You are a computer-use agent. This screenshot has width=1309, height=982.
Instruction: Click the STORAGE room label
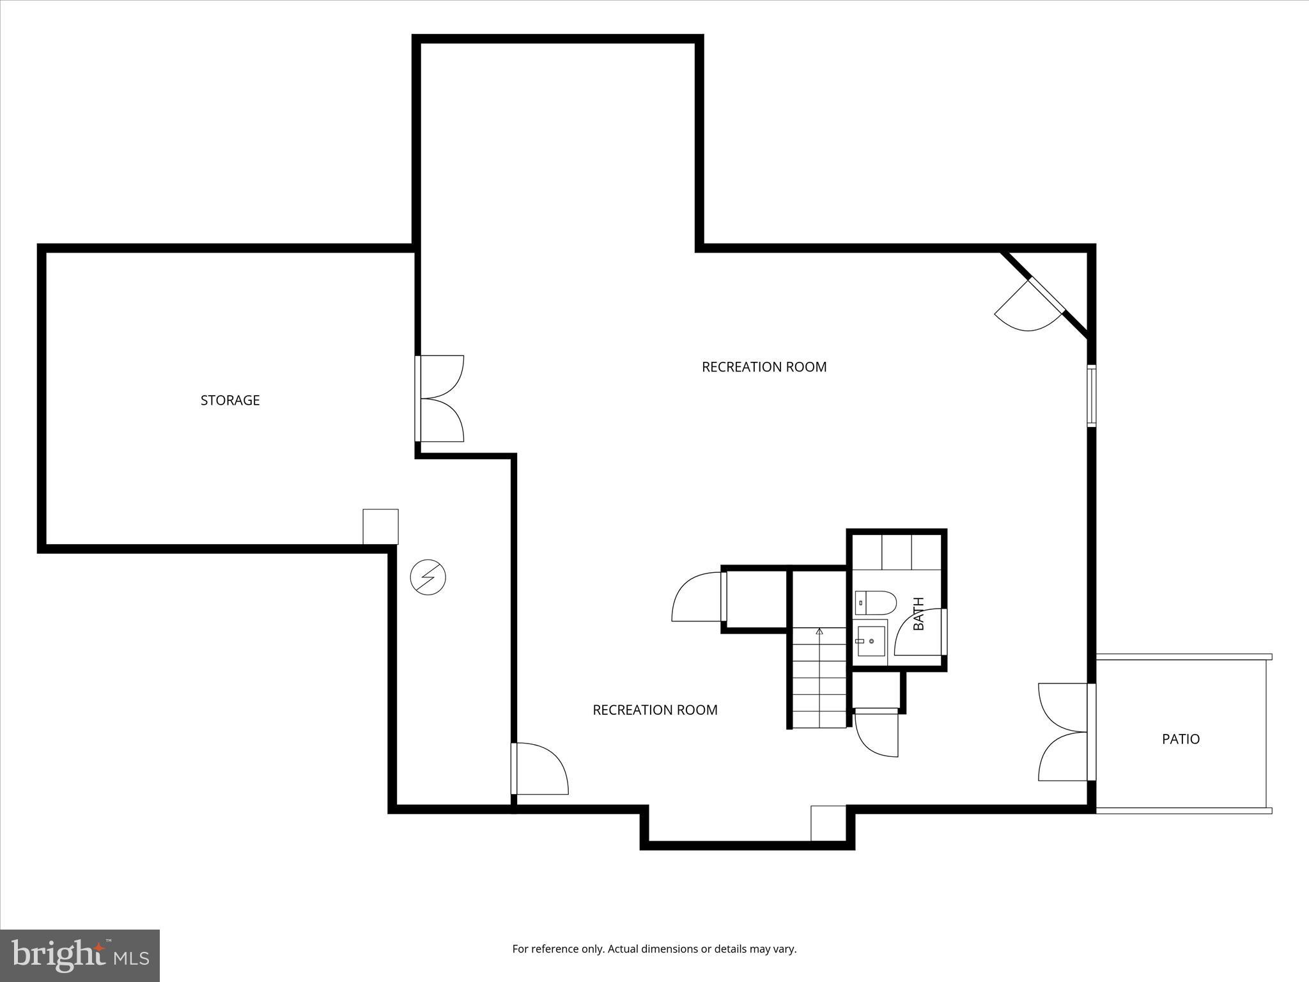tap(230, 400)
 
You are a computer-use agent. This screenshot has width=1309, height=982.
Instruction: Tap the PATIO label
tap(1181, 739)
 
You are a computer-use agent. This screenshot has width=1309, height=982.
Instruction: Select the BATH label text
tap(918, 614)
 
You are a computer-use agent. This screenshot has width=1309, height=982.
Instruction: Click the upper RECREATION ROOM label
tap(764, 367)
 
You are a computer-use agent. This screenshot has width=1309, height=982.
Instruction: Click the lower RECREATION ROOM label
tap(654, 710)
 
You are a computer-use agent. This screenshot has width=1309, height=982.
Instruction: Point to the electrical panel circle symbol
tap(428, 578)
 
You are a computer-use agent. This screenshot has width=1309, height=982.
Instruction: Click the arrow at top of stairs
tap(819, 632)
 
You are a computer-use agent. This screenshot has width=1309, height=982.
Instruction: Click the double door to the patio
tap(1064, 732)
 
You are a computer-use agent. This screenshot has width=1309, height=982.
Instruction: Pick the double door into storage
tap(441, 398)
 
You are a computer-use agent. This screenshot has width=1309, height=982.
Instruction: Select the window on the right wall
tap(1092, 396)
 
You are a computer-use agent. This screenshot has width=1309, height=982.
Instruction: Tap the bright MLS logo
tap(80, 955)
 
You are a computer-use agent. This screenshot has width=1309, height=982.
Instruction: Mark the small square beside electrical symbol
tap(380, 526)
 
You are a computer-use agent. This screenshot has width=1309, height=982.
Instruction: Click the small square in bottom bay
tap(828, 823)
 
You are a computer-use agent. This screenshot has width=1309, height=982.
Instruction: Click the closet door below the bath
tap(877, 732)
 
